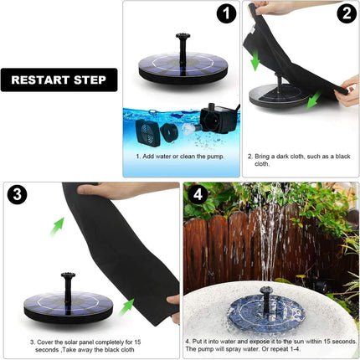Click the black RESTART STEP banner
pos(59,80)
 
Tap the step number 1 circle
pos(224,14)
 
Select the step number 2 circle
pos(346,14)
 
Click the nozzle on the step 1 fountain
pos(179,44)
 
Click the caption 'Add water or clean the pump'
pos(180,156)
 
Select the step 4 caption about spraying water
pos(270,346)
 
